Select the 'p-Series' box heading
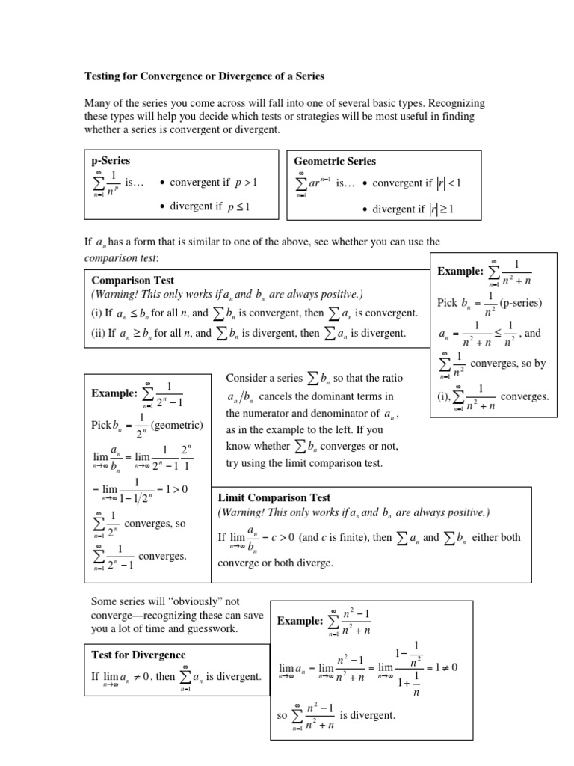(x=111, y=161)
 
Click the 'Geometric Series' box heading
(x=335, y=161)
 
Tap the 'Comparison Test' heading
(x=132, y=280)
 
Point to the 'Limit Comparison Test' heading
(x=274, y=497)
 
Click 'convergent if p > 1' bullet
(x=213, y=182)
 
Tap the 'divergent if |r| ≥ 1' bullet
(x=413, y=209)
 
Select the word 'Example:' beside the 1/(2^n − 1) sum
(x=114, y=393)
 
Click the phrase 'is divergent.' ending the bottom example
(x=368, y=715)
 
